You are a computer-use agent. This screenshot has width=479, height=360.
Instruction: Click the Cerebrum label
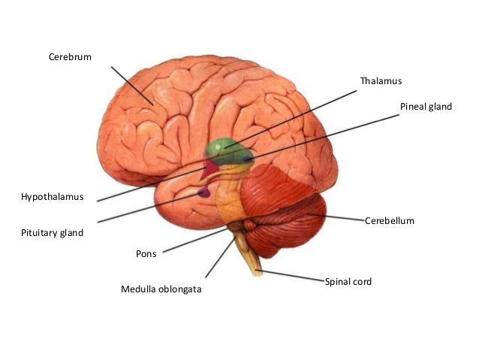71,56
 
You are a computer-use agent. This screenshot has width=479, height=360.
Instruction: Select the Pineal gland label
426,107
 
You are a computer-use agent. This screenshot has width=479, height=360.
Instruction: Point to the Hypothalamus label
52,197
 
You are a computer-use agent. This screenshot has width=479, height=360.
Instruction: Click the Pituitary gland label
52,233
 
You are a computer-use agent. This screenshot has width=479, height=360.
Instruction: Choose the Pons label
146,254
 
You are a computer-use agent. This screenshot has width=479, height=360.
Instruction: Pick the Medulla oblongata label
161,289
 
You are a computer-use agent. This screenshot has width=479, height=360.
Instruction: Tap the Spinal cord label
348,281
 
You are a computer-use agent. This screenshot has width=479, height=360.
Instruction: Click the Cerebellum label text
390,221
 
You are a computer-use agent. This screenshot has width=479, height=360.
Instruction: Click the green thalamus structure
224,148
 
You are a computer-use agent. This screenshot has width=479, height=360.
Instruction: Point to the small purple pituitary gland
203,193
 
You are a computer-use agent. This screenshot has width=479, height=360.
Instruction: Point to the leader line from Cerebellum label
338,217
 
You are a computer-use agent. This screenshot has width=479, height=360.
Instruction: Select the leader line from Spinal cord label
293,275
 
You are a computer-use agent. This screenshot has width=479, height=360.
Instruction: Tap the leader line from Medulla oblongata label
218,258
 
